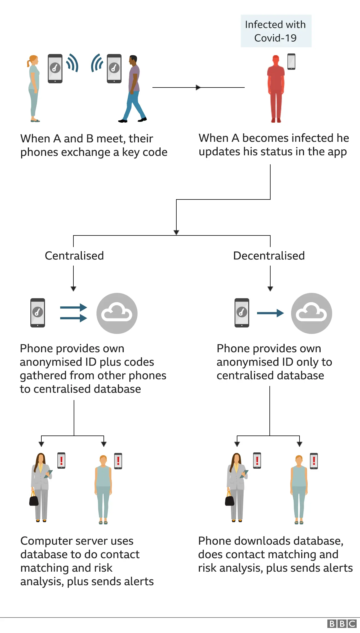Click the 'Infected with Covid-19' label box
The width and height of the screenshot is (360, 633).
click(x=276, y=31)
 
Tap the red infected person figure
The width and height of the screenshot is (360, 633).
click(x=276, y=89)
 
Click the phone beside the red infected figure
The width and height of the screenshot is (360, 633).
click(x=291, y=61)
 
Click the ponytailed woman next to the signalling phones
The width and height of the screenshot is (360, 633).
click(x=34, y=89)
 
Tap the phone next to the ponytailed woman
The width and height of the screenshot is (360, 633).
click(x=55, y=68)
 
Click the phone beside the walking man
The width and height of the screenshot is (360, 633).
click(x=114, y=68)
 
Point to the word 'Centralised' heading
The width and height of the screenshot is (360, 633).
click(x=74, y=256)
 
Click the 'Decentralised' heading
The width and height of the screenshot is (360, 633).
click(x=269, y=256)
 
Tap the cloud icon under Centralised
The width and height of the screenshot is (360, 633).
click(x=117, y=313)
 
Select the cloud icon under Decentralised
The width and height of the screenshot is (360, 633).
click(x=312, y=313)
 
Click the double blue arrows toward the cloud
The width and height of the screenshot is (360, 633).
click(x=74, y=313)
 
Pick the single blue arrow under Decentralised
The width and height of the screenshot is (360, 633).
click(x=270, y=313)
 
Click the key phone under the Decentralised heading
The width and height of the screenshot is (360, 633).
click(x=242, y=313)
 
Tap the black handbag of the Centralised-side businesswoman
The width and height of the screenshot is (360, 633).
click(x=34, y=500)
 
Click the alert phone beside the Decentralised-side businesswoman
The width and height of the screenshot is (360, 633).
click(x=257, y=461)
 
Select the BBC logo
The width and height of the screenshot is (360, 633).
click(x=342, y=624)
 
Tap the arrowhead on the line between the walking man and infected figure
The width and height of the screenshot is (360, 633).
click(x=198, y=87)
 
